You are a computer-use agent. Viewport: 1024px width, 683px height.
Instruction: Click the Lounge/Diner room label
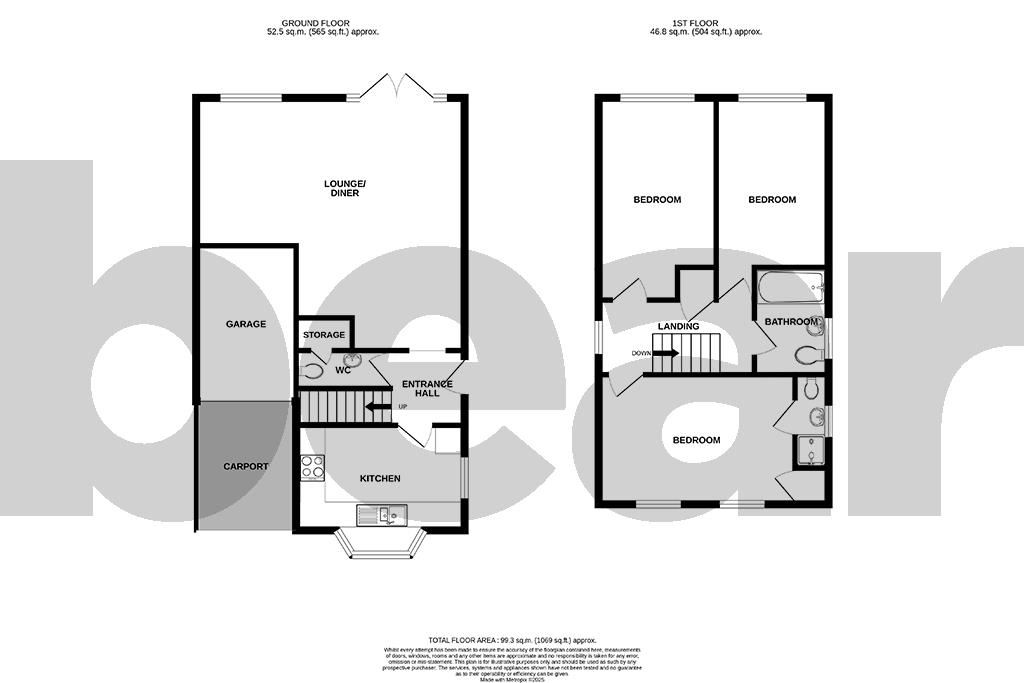point(341,188)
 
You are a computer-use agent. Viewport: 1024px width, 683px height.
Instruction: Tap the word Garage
point(245,324)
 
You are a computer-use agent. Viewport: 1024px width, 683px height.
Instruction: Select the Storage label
point(325,335)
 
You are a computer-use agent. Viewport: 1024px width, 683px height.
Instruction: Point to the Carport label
point(245,466)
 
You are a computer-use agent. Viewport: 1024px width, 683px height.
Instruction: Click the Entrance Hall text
point(427,389)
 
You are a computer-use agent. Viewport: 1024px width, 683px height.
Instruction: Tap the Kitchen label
point(380,479)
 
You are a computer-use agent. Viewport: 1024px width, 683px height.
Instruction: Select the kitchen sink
point(381,516)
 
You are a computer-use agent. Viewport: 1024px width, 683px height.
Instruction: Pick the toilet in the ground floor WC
point(312,371)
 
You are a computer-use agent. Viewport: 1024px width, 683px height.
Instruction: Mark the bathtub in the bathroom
point(790,289)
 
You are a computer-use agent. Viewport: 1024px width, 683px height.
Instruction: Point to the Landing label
point(678,327)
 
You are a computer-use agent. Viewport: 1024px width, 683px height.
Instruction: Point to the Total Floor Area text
point(512,639)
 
